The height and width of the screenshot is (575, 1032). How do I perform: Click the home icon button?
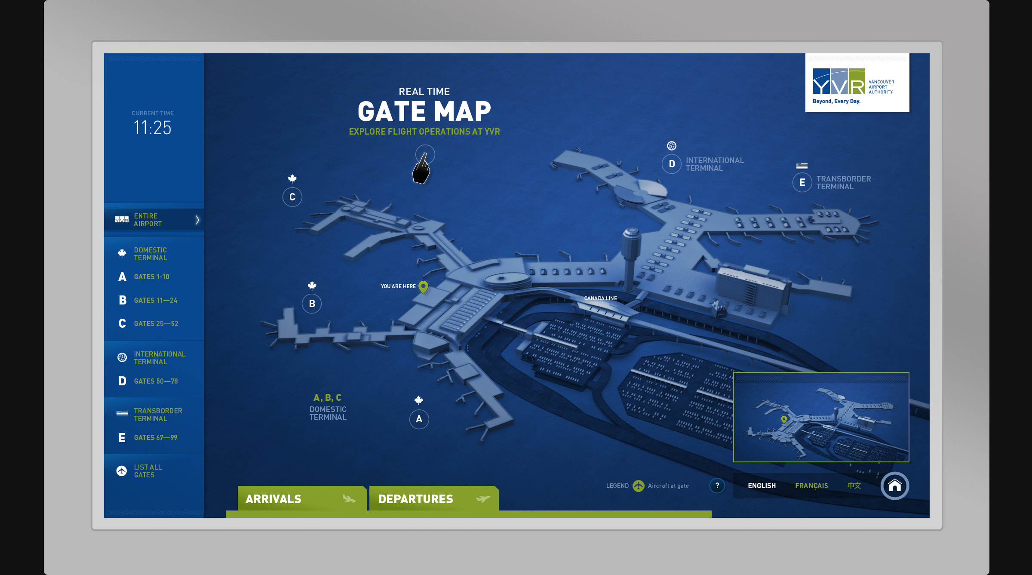[895, 486]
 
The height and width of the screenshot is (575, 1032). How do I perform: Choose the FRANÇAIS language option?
[811, 486]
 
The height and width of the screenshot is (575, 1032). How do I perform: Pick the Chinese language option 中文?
[854, 486]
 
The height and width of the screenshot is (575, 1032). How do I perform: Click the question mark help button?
[717, 486]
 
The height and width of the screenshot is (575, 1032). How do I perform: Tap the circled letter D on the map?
[672, 164]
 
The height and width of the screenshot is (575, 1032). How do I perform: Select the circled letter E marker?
[802, 182]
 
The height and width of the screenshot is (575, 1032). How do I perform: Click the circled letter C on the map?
[292, 197]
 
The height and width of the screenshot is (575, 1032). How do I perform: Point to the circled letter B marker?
[312, 304]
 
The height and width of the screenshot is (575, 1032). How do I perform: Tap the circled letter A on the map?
[419, 419]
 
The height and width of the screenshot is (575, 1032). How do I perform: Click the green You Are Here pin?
[424, 286]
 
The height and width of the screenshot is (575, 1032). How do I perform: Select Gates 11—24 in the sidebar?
[155, 300]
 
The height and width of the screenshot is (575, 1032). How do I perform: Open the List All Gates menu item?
[147, 471]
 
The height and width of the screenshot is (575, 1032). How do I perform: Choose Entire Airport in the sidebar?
[147, 220]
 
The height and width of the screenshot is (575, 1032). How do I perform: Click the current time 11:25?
[152, 128]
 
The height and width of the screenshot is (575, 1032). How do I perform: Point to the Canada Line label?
[600, 298]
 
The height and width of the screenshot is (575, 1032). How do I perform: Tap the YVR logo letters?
[838, 82]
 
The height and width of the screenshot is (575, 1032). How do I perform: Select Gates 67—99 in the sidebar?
[155, 437]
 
